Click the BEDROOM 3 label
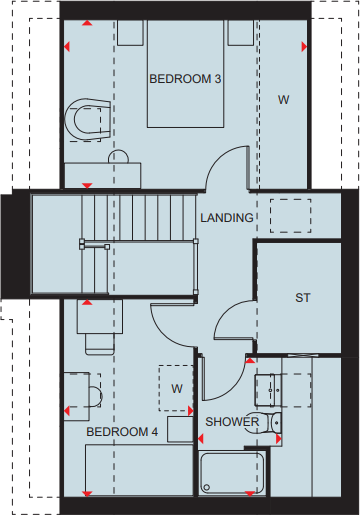[x=185, y=78]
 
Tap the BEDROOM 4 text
[x=122, y=431]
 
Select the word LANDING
[x=227, y=217]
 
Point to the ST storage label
[x=302, y=298]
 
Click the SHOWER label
[x=232, y=422]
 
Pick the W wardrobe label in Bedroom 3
[x=283, y=99]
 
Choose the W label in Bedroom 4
[x=176, y=387]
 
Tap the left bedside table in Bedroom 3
[x=130, y=33]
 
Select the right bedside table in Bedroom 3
[x=240, y=33]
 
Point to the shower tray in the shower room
[x=232, y=472]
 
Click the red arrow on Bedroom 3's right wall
[x=304, y=46]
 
